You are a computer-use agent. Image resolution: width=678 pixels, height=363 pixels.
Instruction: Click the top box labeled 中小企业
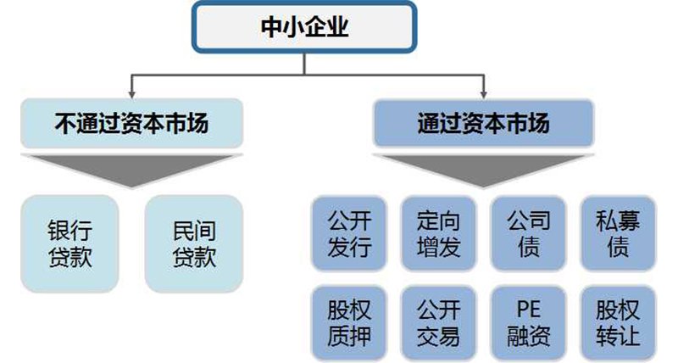point(304,28)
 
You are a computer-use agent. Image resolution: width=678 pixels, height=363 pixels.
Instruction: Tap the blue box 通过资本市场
point(483,124)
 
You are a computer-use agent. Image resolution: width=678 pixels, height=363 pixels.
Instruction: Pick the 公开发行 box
point(349,235)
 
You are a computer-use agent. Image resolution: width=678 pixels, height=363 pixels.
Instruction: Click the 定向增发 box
point(438,235)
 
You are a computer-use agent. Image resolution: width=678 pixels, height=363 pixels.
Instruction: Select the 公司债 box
point(529,235)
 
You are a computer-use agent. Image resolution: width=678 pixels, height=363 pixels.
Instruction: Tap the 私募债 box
point(619,235)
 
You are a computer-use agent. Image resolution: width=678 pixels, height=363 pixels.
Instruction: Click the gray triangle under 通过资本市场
point(483,168)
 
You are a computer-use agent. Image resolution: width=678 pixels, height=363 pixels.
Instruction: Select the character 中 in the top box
point(271,28)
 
